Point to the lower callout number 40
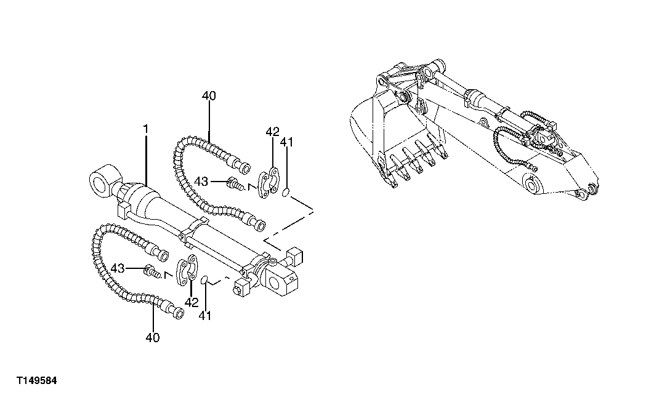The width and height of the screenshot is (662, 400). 153,337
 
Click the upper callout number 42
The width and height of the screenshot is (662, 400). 272,132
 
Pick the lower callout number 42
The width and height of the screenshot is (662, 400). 192,302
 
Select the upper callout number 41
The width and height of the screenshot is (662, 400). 286,143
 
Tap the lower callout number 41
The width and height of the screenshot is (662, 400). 205,315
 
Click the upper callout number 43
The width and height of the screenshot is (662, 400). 201,181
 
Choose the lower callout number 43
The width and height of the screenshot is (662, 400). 118,268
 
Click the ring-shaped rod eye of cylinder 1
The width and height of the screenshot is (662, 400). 102,182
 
